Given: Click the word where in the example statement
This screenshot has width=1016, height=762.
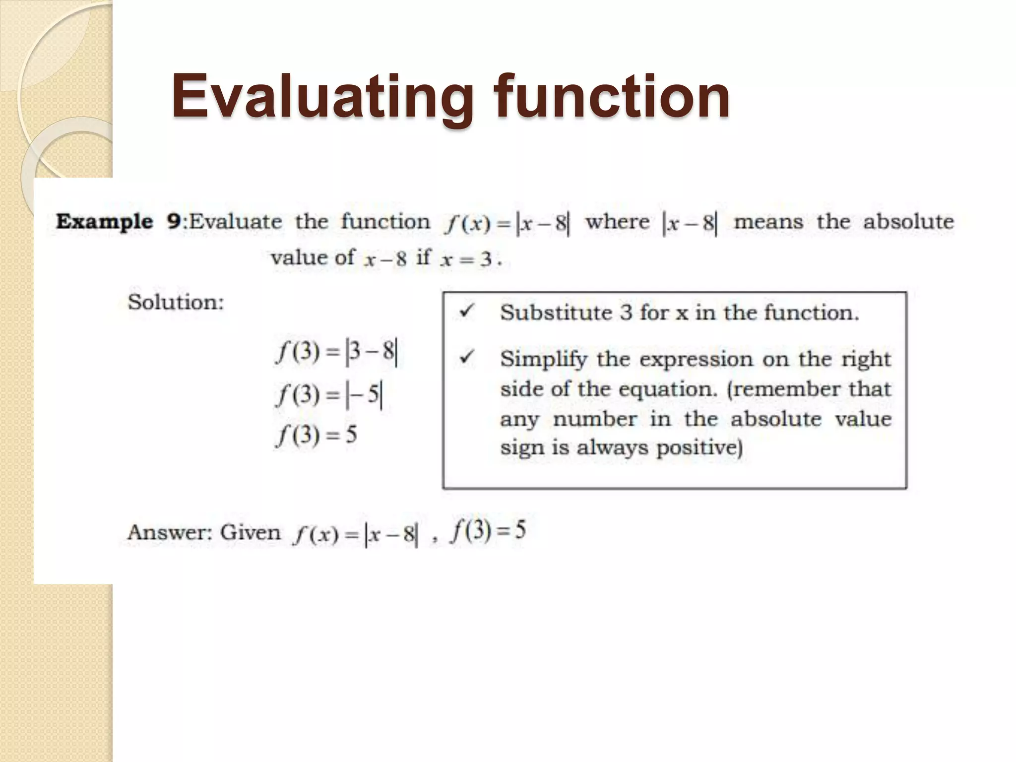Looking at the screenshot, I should coord(617,222).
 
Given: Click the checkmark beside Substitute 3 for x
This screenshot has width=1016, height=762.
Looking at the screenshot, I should coord(467,312).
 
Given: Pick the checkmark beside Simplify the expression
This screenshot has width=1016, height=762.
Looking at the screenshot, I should coord(467,357).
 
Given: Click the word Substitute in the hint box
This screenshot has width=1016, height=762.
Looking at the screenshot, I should coord(556,313).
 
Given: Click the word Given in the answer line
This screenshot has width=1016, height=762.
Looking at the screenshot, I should coord(251,533).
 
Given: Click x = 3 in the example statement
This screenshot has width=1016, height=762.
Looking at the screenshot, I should coord(466,259).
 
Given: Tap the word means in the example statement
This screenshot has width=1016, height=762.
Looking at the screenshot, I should coord(768,222).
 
